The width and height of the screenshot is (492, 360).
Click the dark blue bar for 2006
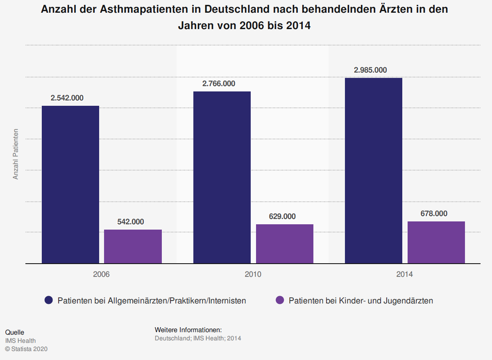tap(70, 185)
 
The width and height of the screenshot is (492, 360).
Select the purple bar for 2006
tap(133, 246)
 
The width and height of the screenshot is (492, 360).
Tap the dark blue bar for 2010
tap(222, 177)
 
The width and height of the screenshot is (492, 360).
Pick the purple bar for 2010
tap(285, 244)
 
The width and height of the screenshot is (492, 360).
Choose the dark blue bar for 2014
tap(374, 171)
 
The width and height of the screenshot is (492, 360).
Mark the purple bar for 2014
tap(436, 242)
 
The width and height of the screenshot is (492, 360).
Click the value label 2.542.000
tap(67, 98)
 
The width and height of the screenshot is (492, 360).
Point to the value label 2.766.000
tap(219, 84)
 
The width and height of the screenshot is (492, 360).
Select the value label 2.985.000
tap(370, 70)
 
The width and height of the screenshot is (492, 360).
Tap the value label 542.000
tap(131, 222)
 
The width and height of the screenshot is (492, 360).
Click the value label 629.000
tap(282, 216)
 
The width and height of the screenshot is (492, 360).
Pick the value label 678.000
tap(434, 214)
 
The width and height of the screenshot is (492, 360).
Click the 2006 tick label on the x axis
tap(101, 274)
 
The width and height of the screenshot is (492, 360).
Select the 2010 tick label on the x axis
tap(253, 274)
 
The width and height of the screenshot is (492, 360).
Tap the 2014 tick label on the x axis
tap(404, 274)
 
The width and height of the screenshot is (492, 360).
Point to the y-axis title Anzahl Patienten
tap(16, 154)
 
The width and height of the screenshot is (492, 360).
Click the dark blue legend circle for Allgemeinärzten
tap(49, 301)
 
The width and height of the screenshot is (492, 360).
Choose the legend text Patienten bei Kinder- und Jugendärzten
tap(360, 301)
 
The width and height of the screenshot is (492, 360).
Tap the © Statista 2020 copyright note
tap(26, 349)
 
